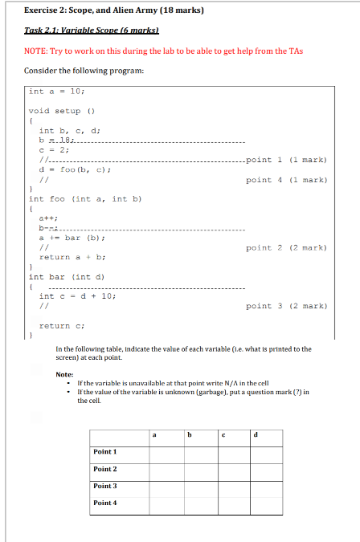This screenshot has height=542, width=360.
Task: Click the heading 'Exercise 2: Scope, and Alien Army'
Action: pyautogui.click(x=112, y=10)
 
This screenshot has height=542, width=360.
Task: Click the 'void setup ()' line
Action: pyautogui.click(x=62, y=111)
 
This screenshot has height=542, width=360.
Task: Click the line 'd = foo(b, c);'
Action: pyautogui.click(x=75, y=169)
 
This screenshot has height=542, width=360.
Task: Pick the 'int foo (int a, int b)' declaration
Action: pyautogui.click(x=85, y=198)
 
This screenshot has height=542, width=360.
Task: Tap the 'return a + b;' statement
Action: pyautogui.click(x=72, y=257)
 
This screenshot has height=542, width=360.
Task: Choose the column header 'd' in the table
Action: pyautogui.click(x=256, y=437)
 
